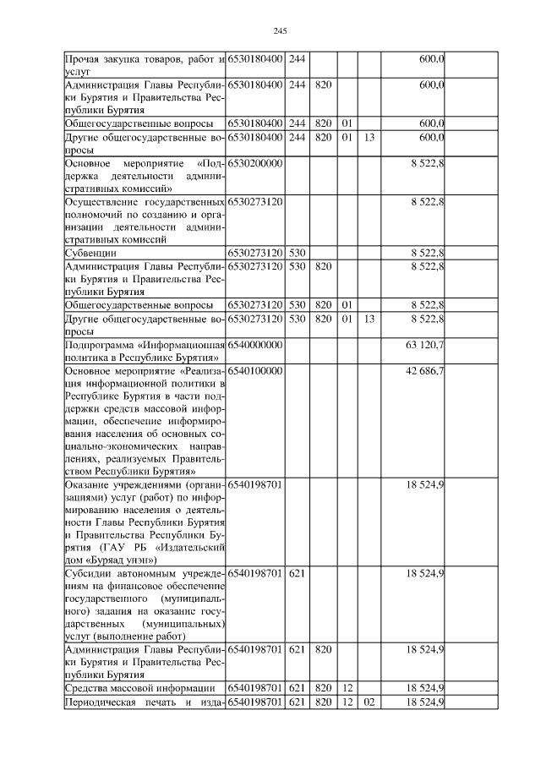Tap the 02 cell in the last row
coord(369,703)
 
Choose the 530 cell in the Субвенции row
coord(297,252)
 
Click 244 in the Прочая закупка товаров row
coord(297,58)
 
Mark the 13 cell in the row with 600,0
coord(369,135)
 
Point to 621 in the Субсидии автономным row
coord(297,573)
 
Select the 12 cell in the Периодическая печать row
coord(347,703)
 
